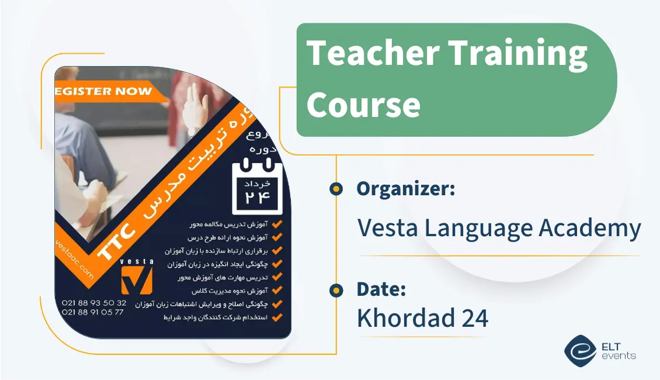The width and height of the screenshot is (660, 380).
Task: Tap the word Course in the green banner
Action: [363, 105]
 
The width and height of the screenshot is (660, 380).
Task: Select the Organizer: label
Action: [406, 189]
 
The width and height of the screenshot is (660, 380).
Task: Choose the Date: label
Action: [381, 289]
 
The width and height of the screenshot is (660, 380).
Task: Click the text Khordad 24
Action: [422, 318]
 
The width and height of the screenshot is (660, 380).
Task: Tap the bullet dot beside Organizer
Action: [336, 189]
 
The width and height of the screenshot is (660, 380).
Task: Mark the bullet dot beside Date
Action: [336, 290]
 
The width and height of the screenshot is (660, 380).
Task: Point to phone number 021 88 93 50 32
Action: [93, 303]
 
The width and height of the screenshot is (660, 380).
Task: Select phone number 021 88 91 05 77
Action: [93, 312]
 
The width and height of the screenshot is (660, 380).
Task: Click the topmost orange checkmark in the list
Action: [277, 224]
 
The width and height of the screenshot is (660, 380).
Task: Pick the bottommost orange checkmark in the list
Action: [277, 318]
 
